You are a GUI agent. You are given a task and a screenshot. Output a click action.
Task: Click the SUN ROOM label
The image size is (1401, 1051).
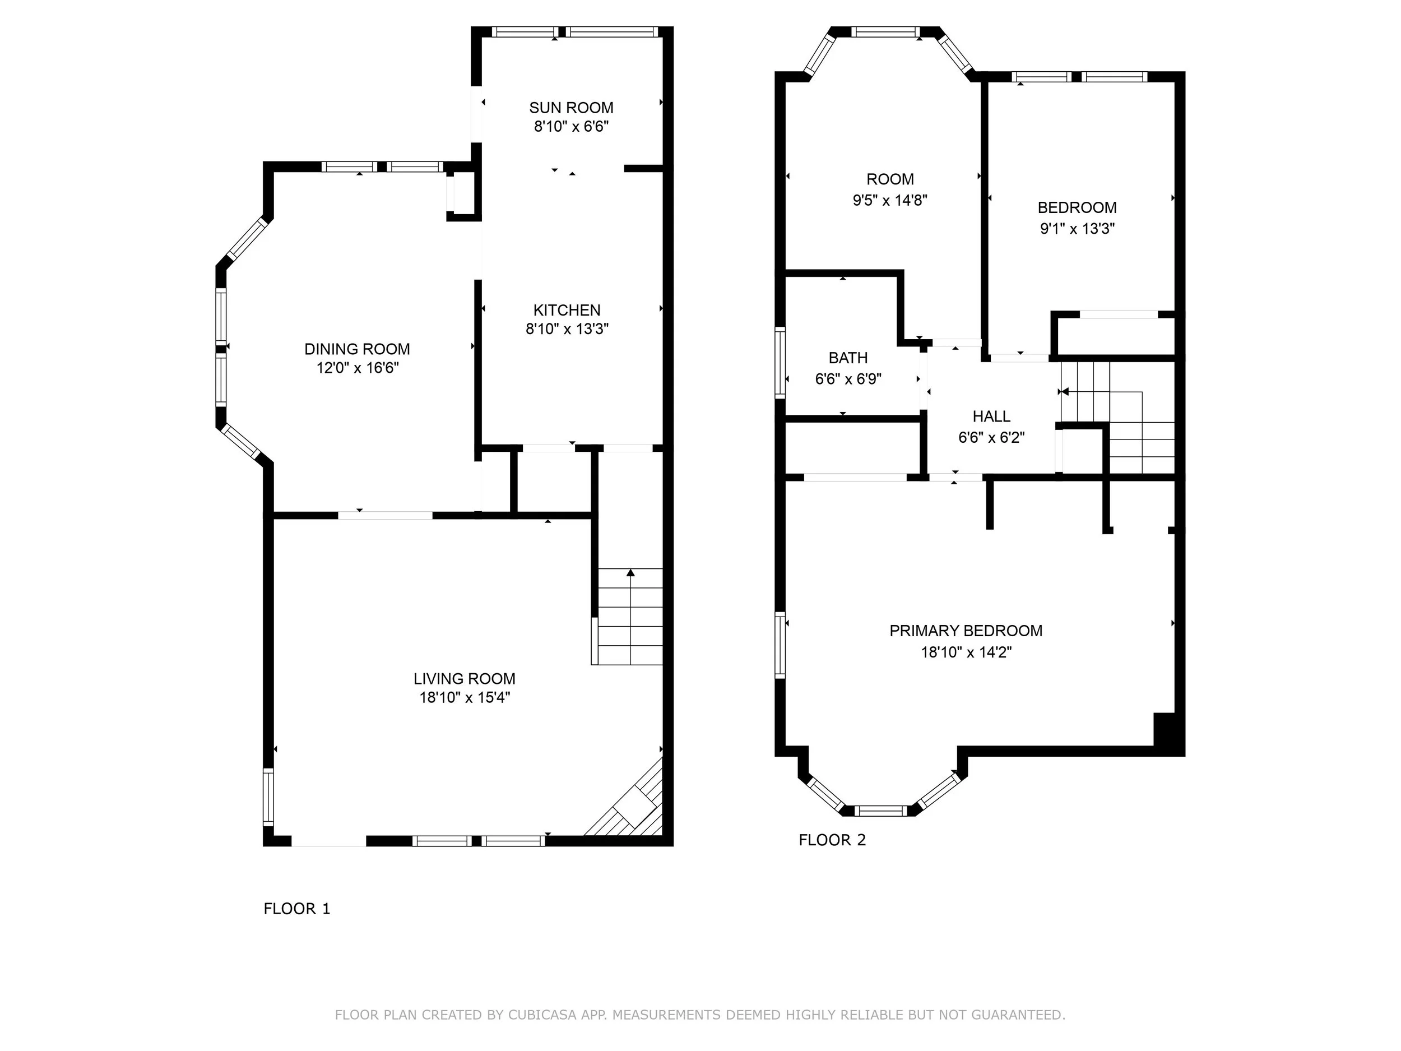click(x=570, y=108)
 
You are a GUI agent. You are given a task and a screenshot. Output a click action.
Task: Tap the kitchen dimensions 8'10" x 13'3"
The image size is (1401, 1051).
click(x=567, y=329)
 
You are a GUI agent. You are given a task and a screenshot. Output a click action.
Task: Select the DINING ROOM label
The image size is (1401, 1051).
click(x=356, y=349)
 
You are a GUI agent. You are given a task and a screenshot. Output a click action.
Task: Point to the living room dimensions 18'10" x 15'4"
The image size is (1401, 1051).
click(x=464, y=697)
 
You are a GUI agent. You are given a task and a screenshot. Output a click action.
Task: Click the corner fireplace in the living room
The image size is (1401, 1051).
click(x=635, y=809)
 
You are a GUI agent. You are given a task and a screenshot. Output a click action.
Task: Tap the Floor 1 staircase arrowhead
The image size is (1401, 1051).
click(x=630, y=573)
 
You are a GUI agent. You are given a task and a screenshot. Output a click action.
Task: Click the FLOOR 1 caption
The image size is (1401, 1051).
click(x=296, y=909)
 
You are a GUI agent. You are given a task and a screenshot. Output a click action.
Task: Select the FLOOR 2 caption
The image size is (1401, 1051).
click(x=832, y=840)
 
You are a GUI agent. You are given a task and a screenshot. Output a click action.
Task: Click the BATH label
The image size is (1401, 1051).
click(x=847, y=358)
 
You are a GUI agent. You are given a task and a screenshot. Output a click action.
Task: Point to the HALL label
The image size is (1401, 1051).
click(x=991, y=416)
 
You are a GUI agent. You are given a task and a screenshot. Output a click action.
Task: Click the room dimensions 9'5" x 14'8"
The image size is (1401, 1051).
click(x=889, y=200)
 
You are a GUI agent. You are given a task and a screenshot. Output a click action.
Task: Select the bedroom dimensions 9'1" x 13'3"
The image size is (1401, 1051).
click(x=1077, y=229)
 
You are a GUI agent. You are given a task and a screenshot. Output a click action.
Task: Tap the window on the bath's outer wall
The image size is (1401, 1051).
click(x=780, y=362)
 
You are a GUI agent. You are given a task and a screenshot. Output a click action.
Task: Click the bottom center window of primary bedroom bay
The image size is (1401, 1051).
click(x=880, y=811)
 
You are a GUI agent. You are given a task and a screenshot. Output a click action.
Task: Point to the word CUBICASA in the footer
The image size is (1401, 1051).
click(x=541, y=1015)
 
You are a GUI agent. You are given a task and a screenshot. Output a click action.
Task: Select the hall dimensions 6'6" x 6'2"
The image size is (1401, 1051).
click(x=991, y=437)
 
